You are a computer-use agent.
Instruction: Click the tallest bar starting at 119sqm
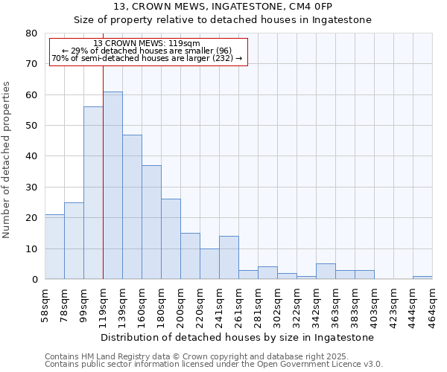[x=112, y=185]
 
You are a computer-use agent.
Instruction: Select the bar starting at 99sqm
[x=93, y=193]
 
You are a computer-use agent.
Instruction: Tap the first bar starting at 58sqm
[x=54, y=246]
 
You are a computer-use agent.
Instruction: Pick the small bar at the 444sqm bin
[x=422, y=278]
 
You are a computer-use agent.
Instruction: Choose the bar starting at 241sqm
[x=229, y=257]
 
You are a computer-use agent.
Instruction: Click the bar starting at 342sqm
[x=326, y=272]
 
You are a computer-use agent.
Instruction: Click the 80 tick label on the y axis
[x=31, y=33]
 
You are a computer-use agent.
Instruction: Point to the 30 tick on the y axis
[x=31, y=187]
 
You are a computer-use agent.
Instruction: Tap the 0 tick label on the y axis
[x=34, y=279]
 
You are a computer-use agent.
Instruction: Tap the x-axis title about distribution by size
[x=237, y=337]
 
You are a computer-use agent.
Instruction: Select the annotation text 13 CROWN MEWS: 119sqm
[x=148, y=44]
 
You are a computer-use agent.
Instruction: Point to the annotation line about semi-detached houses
[x=148, y=58]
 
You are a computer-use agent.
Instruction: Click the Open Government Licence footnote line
[x=214, y=364]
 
